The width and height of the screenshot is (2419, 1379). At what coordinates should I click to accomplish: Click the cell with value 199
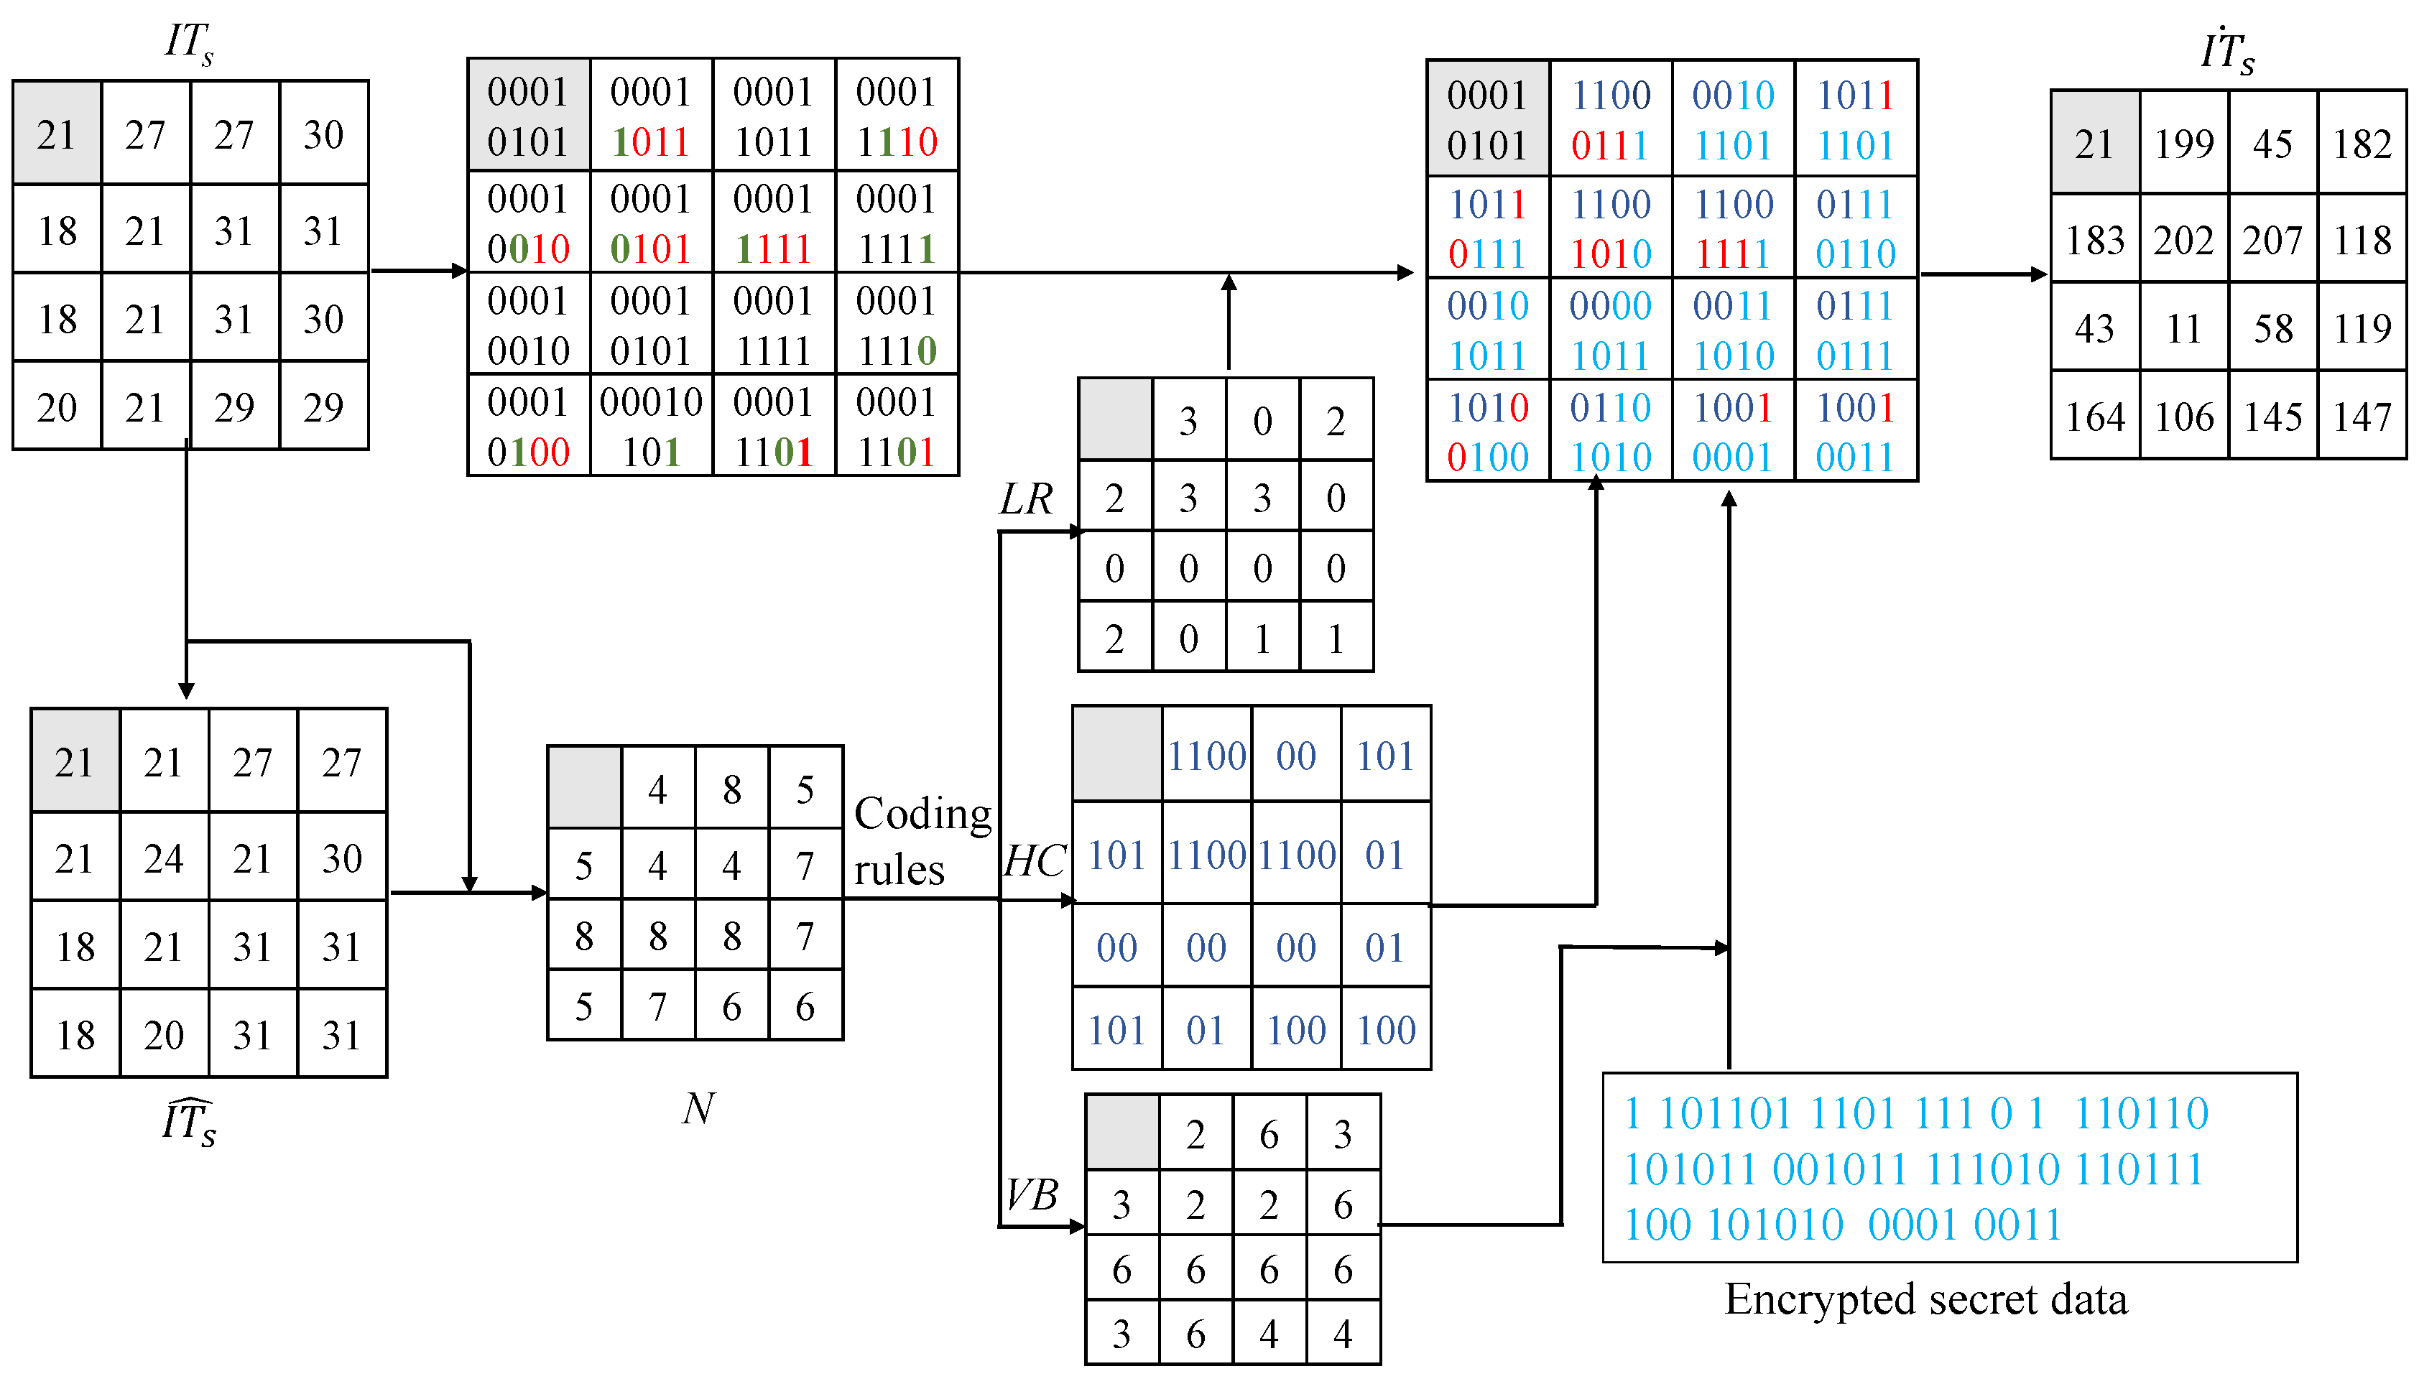click(x=2183, y=144)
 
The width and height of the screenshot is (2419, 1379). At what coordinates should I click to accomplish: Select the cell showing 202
click(x=2183, y=241)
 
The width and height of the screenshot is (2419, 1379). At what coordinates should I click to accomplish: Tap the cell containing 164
click(x=2094, y=417)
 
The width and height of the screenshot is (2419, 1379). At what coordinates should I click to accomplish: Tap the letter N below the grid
click(x=698, y=1108)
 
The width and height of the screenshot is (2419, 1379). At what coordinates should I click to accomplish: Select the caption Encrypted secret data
click(x=1925, y=1299)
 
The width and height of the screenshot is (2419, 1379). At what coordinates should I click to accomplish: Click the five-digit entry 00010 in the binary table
click(x=651, y=402)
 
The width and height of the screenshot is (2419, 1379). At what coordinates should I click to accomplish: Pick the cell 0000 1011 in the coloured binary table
click(x=1610, y=330)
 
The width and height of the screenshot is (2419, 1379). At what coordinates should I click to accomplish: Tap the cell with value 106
click(x=2183, y=417)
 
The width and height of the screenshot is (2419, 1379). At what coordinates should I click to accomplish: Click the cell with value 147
click(x=2362, y=417)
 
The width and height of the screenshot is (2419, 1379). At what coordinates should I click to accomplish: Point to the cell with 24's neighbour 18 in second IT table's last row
click(x=75, y=1034)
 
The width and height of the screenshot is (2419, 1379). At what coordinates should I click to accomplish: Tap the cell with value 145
click(x=2272, y=417)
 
